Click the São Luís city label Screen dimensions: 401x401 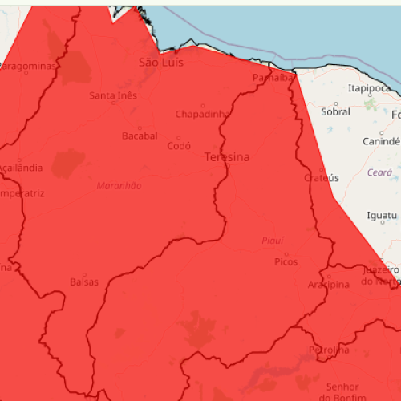[162, 62]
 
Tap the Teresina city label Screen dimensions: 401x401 [227, 157]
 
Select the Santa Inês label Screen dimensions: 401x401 [113, 96]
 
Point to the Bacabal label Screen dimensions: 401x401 [140, 136]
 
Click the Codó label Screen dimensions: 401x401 [178, 146]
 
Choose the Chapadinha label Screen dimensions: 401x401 [202, 114]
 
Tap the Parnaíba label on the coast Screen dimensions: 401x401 [273, 78]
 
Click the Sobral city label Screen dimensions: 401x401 [335, 111]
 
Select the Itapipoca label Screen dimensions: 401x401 [370, 88]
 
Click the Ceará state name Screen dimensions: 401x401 [379, 172]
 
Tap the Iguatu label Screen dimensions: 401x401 [382, 216]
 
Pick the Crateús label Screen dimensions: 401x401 [322, 177]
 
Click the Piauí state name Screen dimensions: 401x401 [273, 241]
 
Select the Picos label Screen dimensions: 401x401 [286, 261]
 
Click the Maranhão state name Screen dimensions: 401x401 [119, 186]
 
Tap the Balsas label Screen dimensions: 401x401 [84, 282]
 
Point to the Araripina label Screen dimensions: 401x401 [329, 286]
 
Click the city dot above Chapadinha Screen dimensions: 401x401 [203, 105]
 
